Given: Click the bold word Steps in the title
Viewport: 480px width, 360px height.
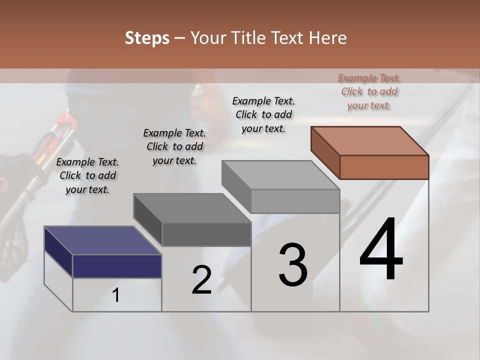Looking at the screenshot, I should [147, 38].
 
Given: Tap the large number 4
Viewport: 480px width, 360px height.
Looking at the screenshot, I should [381, 250].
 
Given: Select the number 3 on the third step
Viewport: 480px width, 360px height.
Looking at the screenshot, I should [293, 265].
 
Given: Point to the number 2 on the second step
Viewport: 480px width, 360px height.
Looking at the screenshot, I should [202, 280].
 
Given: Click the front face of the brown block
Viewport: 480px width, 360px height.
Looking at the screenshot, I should [384, 167].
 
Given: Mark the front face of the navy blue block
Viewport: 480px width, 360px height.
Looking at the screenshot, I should [117, 266].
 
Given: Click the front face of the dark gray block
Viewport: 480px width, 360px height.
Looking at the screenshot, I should [206, 234].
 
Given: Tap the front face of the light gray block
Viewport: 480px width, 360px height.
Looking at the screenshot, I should [295, 201].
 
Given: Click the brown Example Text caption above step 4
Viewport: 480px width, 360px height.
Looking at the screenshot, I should [369, 91].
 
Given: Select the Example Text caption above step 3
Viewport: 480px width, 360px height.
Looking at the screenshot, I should [263, 114].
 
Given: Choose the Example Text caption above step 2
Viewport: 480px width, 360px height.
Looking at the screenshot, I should [174, 146].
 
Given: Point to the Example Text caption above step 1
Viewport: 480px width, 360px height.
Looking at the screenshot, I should [87, 175].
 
